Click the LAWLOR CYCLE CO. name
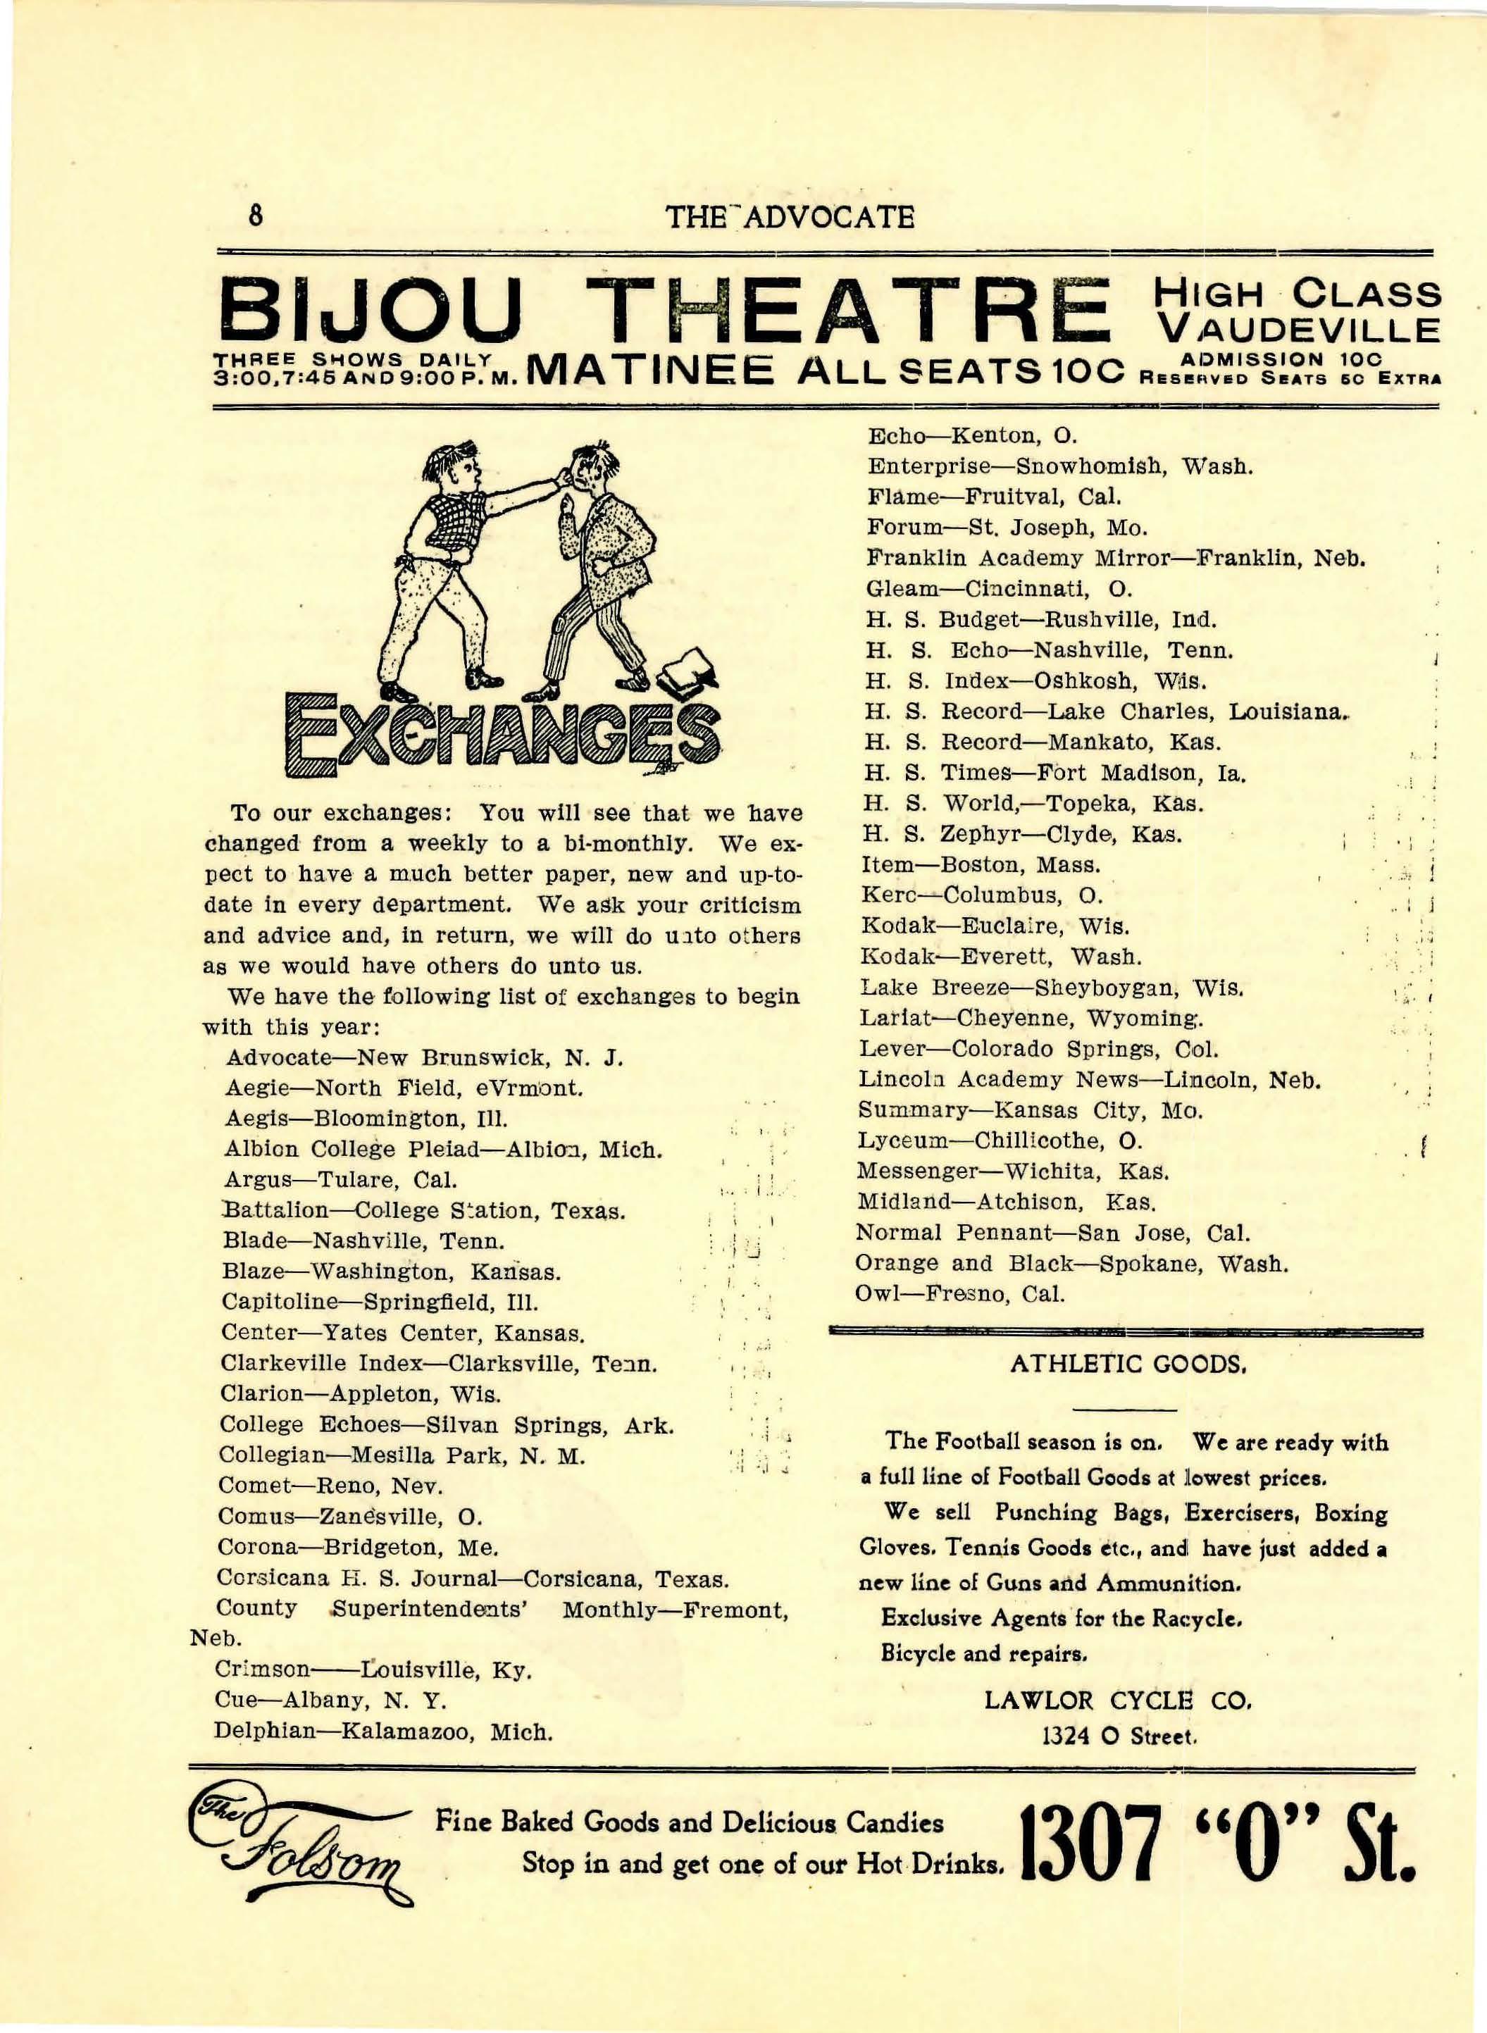[1117, 1700]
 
